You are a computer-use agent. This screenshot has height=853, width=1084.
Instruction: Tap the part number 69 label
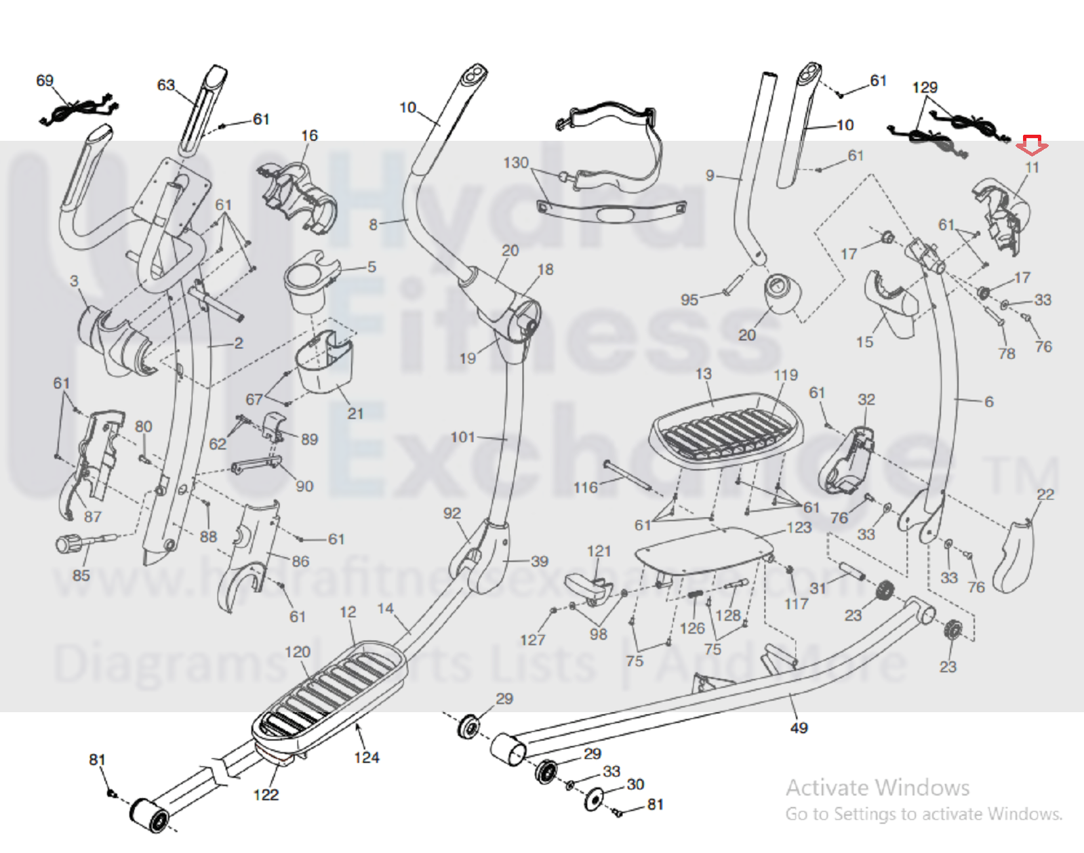45,81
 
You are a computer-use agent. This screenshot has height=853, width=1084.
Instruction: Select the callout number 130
515,163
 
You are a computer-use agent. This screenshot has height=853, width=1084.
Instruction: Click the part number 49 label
799,728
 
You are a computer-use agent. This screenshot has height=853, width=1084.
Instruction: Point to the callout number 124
366,757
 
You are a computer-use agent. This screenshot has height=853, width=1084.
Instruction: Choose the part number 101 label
463,437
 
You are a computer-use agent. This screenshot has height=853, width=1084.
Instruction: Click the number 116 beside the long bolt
585,487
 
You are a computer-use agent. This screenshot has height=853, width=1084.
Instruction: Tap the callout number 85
81,575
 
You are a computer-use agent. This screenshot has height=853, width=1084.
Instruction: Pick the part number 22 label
1045,494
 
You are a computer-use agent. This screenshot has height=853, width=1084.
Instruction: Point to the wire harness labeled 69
78,110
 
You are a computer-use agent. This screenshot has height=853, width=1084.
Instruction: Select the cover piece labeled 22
1013,556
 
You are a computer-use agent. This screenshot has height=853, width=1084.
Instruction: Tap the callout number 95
689,299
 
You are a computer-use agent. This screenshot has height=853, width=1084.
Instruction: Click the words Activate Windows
877,787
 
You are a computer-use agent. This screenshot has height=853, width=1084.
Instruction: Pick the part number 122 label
266,794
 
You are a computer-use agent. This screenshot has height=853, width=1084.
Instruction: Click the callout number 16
309,136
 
